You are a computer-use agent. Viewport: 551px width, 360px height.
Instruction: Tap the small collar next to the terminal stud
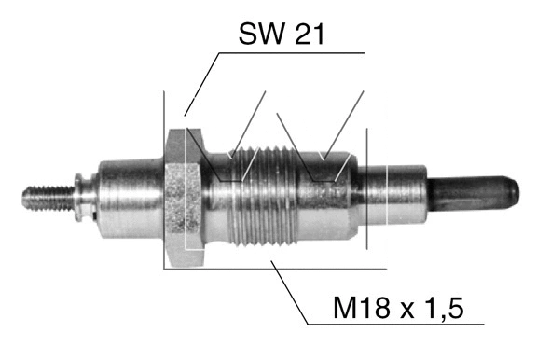85,196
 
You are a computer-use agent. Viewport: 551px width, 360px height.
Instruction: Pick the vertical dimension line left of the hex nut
164,177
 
